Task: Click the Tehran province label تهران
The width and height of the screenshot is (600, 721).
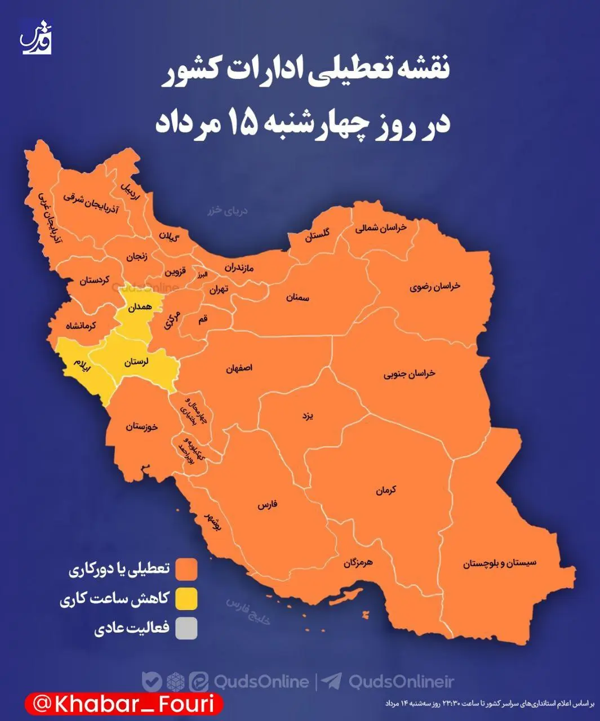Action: [219, 290]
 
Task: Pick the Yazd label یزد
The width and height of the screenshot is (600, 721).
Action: [307, 416]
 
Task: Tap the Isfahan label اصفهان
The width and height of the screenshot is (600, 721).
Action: [239, 368]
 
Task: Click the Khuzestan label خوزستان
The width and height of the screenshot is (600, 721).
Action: [142, 426]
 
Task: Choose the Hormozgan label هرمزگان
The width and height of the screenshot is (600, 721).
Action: [358, 562]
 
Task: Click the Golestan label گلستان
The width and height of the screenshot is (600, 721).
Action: [318, 235]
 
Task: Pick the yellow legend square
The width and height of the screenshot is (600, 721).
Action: [186, 599]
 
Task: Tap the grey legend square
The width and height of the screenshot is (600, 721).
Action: [186, 629]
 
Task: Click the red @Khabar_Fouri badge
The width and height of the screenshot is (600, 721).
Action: [123, 704]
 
